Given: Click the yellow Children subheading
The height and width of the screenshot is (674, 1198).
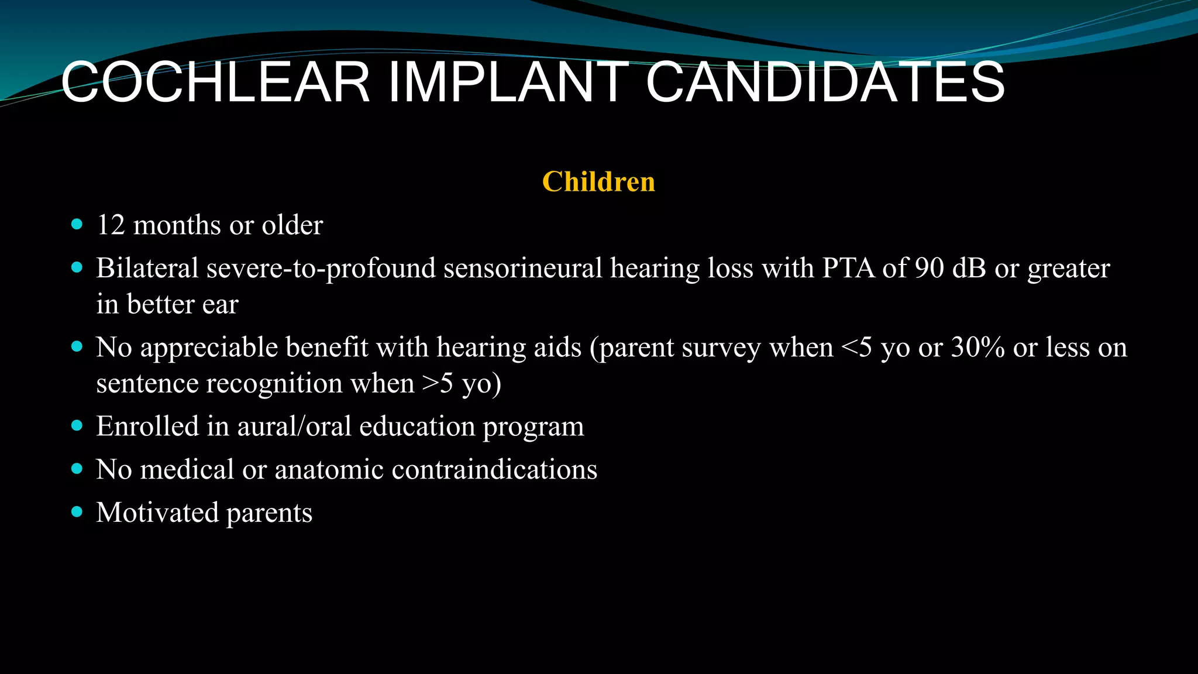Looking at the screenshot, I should click(598, 181).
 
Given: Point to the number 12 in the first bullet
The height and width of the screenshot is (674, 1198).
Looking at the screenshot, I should click(111, 225).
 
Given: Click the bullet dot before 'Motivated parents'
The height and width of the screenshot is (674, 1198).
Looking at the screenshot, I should click(77, 512).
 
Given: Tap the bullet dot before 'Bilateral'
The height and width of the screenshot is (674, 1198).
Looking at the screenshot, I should click(77, 267).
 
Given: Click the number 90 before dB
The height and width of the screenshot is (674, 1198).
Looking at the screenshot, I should click(929, 269).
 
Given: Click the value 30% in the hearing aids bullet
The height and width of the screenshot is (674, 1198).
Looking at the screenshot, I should click(978, 348).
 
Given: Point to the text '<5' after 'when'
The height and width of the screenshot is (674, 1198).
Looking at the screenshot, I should click(856, 348).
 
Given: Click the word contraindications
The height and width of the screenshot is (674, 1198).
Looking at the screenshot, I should click(494, 470).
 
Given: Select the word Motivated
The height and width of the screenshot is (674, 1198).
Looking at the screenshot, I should click(157, 513).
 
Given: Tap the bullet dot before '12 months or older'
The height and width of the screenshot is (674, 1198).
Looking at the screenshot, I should click(77, 225).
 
